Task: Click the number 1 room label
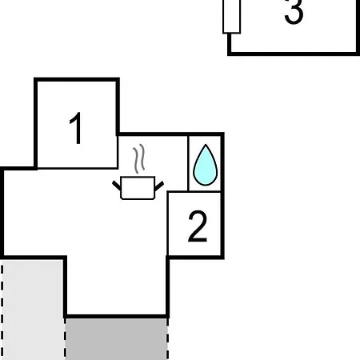(76, 128)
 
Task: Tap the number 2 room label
(198, 226)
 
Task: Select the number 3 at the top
(294, 12)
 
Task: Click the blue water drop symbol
(206, 165)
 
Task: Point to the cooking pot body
(138, 188)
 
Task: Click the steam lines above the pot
(139, 158)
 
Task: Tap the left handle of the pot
(117, 186)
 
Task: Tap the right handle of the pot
(159, 186)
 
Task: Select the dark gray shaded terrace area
(116, 339)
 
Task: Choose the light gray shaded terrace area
(33, 310)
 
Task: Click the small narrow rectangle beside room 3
(232, 17)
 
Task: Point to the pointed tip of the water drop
(206, 145)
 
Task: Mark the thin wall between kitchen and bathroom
(188, 163)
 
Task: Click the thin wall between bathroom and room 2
(205, 191)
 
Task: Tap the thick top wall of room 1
(77, 80)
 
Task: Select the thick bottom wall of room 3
(294, 54)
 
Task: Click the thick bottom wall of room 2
(195, 257)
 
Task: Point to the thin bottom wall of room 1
(78, 168)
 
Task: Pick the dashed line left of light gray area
(2, 310)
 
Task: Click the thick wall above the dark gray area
(116, 317)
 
